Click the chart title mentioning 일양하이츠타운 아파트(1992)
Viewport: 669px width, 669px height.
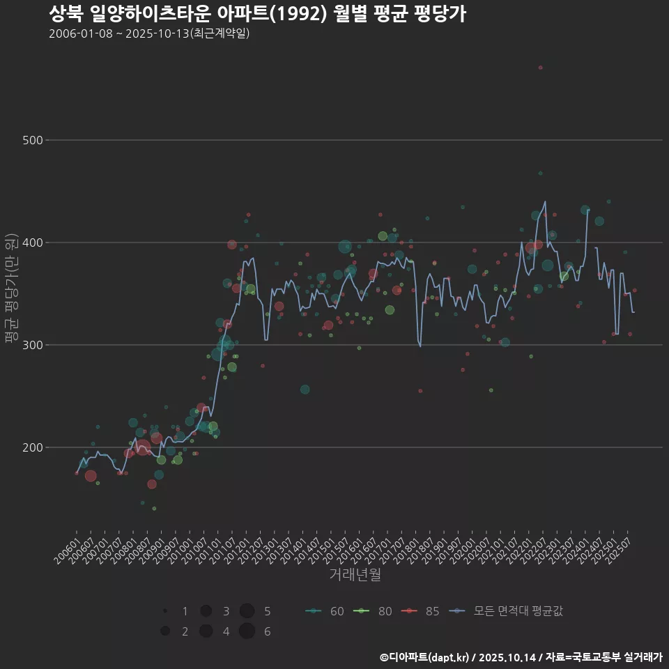pos(257,13)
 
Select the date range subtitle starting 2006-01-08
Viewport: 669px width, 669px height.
pos(149,33)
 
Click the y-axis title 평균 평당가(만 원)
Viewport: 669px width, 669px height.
pos(11,287)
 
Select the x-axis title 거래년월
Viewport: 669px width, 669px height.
pos(355,576)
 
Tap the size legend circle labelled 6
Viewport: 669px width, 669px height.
pos(247,631)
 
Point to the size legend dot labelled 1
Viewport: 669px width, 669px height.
pos(165,611)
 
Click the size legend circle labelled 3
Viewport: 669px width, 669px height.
pos(206,611)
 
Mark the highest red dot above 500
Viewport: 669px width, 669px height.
pos(540,68)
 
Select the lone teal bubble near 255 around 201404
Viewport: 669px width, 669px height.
pos(305,390)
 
